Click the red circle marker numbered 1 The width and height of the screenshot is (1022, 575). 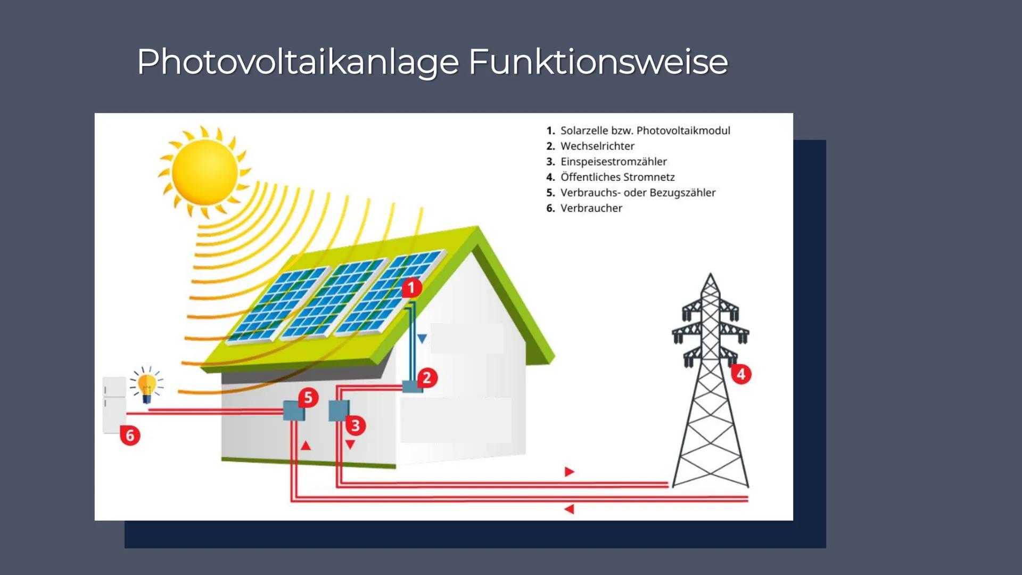[411, 288]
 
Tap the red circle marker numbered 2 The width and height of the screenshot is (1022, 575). [427, 378]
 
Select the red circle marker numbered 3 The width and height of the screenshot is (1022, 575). [356, 425]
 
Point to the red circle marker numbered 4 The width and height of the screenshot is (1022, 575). [741, 374]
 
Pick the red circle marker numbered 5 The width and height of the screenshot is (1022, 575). [308, 398]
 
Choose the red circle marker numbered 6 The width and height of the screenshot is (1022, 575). [130, 436]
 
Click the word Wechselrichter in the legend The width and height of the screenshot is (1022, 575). [597, 146]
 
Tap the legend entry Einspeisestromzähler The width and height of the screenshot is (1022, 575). [613, 161]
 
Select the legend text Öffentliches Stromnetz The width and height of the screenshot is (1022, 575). [617, 177]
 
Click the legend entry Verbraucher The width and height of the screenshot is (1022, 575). [591, 208]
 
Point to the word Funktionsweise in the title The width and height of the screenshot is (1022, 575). [598, 62]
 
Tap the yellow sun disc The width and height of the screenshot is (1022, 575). [204, 171]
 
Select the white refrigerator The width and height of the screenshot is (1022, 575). [114, 405]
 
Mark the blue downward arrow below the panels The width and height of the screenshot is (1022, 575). [422, 339]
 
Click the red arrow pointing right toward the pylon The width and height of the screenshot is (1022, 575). [569, 472]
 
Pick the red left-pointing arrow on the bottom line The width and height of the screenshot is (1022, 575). [569, 510]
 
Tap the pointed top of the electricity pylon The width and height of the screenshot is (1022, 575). [710, 276]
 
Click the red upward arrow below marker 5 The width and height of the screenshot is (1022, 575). [306, 446]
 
